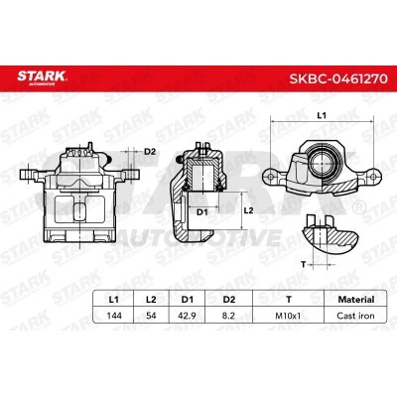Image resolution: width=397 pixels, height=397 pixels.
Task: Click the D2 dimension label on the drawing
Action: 149,152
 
